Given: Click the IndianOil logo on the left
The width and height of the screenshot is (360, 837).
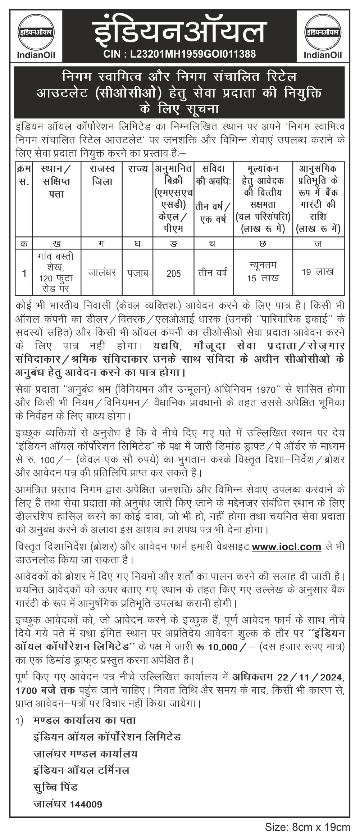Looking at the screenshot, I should pyautogui.click(x=35, y=35).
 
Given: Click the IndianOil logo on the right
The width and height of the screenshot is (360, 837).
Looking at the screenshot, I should pyautogui.click(x=322, y=35).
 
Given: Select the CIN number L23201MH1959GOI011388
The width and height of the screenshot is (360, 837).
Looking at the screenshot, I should pyautogui.click(x=179, y=54).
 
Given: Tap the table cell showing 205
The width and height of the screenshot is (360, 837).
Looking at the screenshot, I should pyautogui.click(x=174, y=273).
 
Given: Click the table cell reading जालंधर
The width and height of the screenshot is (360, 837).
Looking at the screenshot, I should pyautogui.click(x=102, y=272).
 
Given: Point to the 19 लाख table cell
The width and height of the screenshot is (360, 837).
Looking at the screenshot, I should pyautogui.click(x=318, y=272).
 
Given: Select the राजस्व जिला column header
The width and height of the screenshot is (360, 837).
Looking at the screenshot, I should pyautogui.click(x=102, y=175).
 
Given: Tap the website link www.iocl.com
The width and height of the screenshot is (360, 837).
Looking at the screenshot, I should pyautogui.click(x=286, y=547).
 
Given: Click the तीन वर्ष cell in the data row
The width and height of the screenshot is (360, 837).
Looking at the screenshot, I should pyautogui.click(x=213, y=272).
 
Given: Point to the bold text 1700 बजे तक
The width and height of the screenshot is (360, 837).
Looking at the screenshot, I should pyautogui.click(x=45, y=690).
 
